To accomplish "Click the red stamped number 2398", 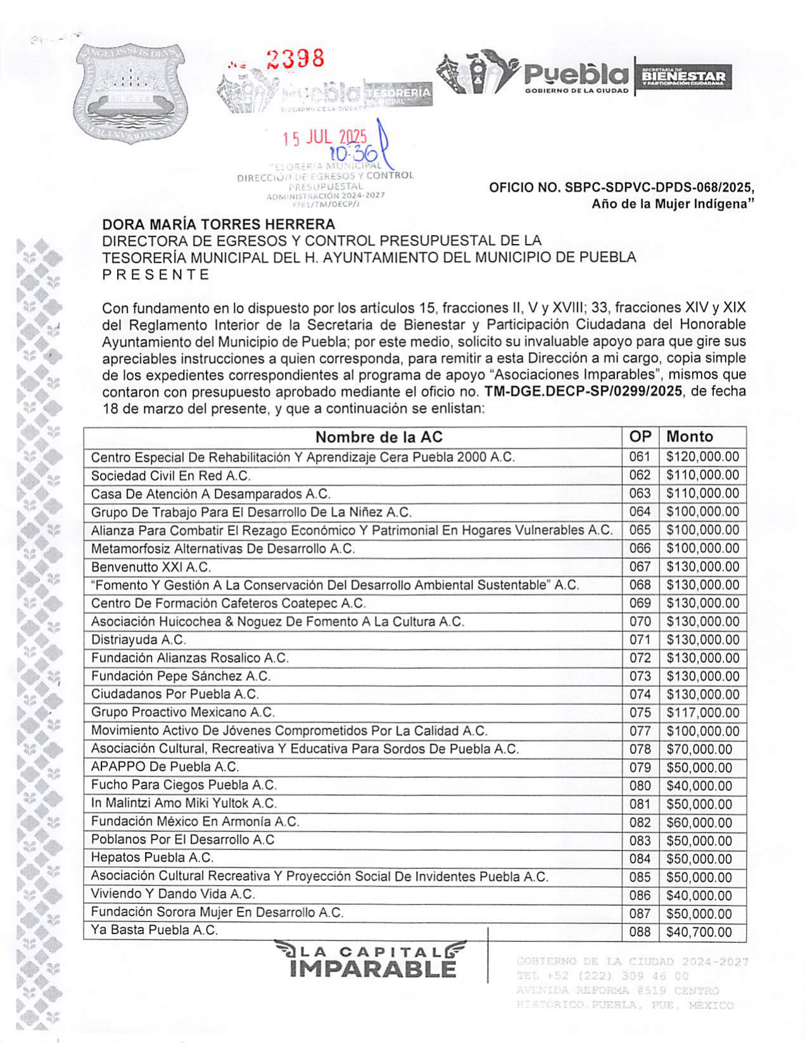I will pos(295,60).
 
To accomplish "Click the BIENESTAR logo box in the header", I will pos(683,77).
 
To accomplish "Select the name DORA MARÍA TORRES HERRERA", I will pos(219,224).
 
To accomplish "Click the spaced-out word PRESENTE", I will pos(156,274).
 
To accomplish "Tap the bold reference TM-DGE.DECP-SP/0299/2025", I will pos(583,392).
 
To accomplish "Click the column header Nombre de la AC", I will pos(379,437).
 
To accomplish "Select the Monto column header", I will pos(690,437).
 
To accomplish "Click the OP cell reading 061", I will pos(640,457).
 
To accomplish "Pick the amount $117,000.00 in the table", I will pos(702,713).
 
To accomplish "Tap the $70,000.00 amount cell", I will pos(699,750).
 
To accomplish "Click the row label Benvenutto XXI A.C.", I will pos(151,567).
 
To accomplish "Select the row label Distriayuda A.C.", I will pos(138,640).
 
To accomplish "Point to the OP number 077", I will pos(640,731).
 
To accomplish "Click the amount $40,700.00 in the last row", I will pos(699,932).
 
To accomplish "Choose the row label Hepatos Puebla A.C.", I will pos(152,858).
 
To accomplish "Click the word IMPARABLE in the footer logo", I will pos(373,969).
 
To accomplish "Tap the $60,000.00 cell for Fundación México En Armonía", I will pos(699,822).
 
